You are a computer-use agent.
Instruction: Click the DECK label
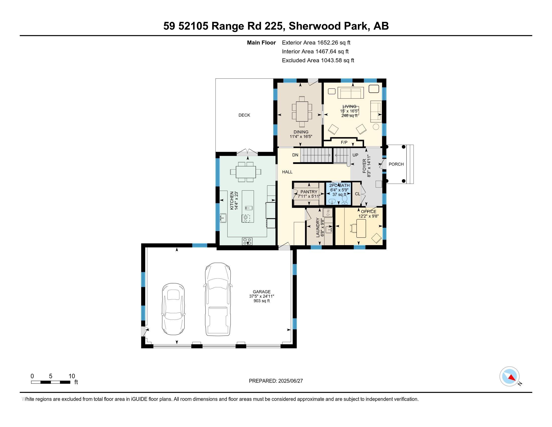244,115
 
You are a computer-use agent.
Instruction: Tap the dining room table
302,111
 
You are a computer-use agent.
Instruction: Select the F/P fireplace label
344,142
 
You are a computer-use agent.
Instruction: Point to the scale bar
50,382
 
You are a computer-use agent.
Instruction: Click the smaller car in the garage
173,309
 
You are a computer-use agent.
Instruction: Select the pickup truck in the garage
218,299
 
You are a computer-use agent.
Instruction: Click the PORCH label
396,164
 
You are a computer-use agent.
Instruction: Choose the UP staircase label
355,155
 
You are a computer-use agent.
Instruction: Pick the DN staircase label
295,155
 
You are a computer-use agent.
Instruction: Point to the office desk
361,228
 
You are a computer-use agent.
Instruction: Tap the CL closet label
357,194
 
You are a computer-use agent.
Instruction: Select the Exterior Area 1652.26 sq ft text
316,42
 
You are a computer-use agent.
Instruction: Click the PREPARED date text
276,381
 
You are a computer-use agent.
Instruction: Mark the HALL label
287,172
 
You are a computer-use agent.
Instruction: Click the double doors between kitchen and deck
247,152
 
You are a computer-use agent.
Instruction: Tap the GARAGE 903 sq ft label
262,296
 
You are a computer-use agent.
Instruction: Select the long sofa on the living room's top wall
351,93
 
